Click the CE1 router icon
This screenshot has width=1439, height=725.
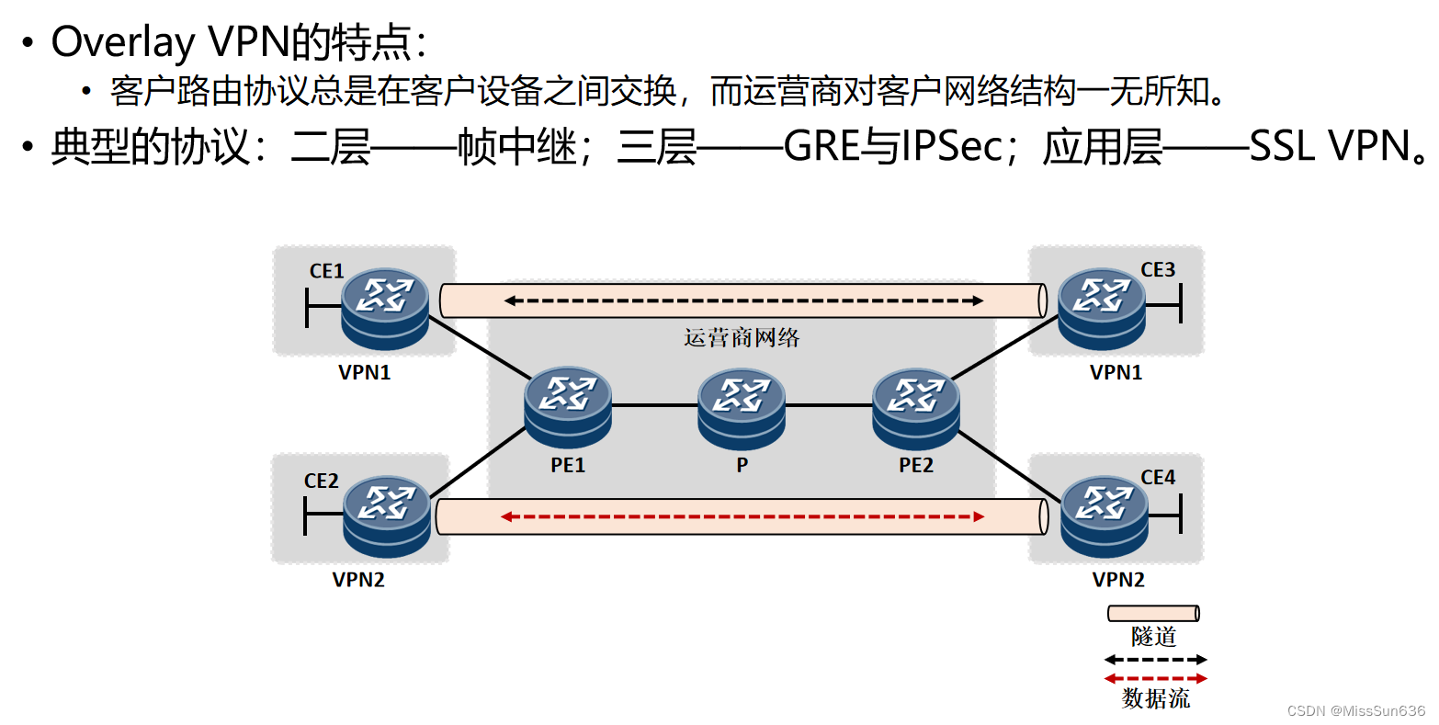[x=385, y=308]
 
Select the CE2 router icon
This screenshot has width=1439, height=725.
[x=387, y=515]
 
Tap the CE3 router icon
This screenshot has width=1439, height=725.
[x=1101, y=308]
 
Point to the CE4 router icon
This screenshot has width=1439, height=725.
[x=1104, y=515]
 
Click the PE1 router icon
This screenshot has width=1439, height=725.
[x=568, y=407]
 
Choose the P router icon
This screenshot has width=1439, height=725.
[x=741, y=407]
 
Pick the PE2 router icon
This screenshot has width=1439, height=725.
[x=915, y=407]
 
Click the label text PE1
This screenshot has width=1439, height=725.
[x=568, y=465]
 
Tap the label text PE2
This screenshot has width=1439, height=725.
[x=915, y=465]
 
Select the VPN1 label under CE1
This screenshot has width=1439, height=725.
[x=365, y=372]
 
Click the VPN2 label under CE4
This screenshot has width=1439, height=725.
[x=1118, y=580]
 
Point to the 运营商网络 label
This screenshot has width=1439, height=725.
[x=742, y=338]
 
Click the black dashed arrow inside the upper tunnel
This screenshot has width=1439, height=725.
[x=743, y=300]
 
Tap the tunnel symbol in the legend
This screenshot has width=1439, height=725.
[x=1153, y=613]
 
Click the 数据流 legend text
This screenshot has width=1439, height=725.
[x=1155, y=699]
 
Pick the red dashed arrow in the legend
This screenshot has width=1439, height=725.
[x=1155, y=679]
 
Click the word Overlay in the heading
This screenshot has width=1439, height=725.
[x=123, y=42]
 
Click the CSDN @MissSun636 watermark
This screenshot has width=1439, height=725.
[x=1355, y=710]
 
